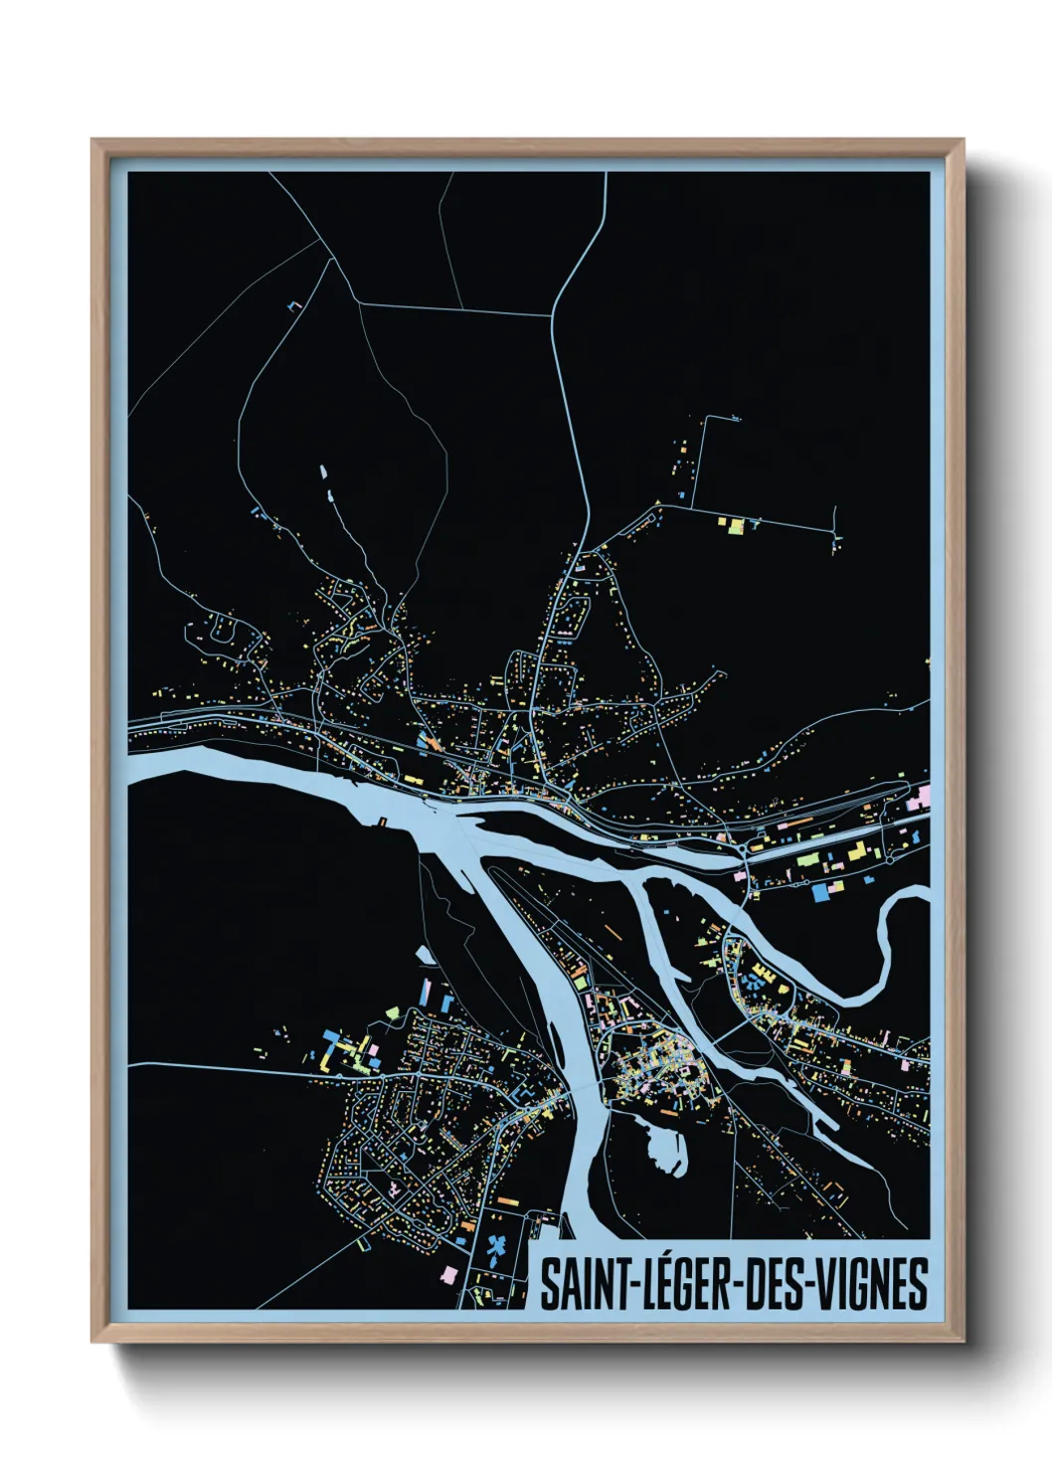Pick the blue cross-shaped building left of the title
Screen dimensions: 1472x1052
(x=498, y=1244)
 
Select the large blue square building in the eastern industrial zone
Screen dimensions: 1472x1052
(x=821, y=892)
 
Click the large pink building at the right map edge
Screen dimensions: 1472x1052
(x=923, y=796)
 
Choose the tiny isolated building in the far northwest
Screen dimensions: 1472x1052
(x=292, y=305)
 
